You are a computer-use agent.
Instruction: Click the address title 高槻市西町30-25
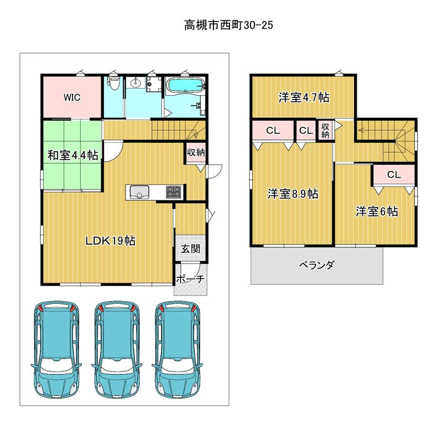point(228,25)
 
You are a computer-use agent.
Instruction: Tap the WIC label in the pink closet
point(72,97)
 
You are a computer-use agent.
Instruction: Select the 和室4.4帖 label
point(72,155)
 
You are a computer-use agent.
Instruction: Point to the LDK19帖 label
point(111,241)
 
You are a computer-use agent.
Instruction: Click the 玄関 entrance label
point(190,248)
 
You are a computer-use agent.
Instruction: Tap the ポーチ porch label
point(190,279)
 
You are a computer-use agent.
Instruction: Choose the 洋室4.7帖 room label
point(304,97)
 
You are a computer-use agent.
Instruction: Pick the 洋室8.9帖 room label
point(293,194)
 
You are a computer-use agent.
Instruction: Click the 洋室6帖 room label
point(377,211)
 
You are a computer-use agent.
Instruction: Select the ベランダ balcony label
point(316,265)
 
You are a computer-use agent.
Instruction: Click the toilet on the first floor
point(113,82)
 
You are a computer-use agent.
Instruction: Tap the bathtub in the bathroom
point(185,85)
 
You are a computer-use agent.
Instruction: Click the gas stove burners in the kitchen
point(174,192)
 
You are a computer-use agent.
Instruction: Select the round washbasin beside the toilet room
point(136,82)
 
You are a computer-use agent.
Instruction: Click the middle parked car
point(117,349)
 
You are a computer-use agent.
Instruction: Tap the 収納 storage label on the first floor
point(196,153)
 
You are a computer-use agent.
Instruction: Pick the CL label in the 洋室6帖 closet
point(394,175)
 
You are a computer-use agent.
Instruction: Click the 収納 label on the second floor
point(325,130)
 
